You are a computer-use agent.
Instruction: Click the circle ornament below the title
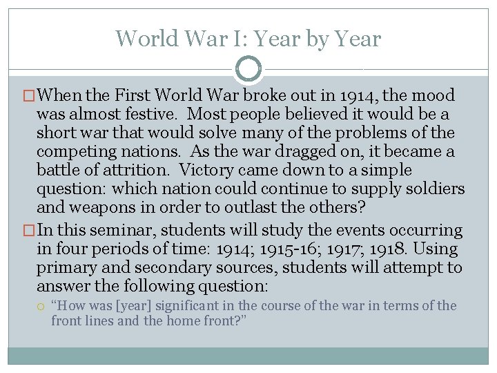(248, 69)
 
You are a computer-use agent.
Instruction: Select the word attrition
(119, 170)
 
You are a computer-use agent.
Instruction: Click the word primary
(64, 268)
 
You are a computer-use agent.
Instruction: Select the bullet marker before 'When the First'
(29, 96)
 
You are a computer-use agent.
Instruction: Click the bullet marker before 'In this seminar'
(29, 231)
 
